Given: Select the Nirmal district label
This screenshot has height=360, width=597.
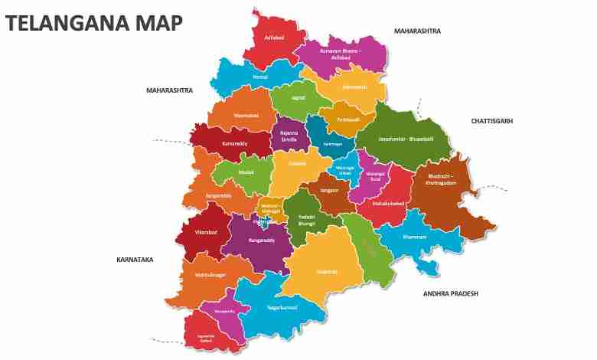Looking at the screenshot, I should point(260,77).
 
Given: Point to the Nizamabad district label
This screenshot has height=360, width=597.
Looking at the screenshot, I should point(246,116).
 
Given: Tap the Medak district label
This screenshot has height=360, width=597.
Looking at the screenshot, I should point(246,172).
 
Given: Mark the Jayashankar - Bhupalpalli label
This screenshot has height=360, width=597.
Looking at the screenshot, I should point(406,139).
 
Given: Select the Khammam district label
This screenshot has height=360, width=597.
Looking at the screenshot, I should point(414,237).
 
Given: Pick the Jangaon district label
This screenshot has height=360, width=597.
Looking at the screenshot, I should point(330,190).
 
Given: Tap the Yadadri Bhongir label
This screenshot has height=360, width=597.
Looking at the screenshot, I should point(307,220).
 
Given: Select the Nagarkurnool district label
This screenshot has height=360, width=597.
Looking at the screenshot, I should point(282,307).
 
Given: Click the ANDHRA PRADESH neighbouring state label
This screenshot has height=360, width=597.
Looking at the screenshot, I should point(450,293).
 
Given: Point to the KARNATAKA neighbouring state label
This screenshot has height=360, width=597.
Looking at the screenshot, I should point(135,260).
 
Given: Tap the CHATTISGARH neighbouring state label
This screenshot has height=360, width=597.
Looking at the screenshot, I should point(491,121).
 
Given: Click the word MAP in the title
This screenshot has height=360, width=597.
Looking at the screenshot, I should point(159,23).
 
